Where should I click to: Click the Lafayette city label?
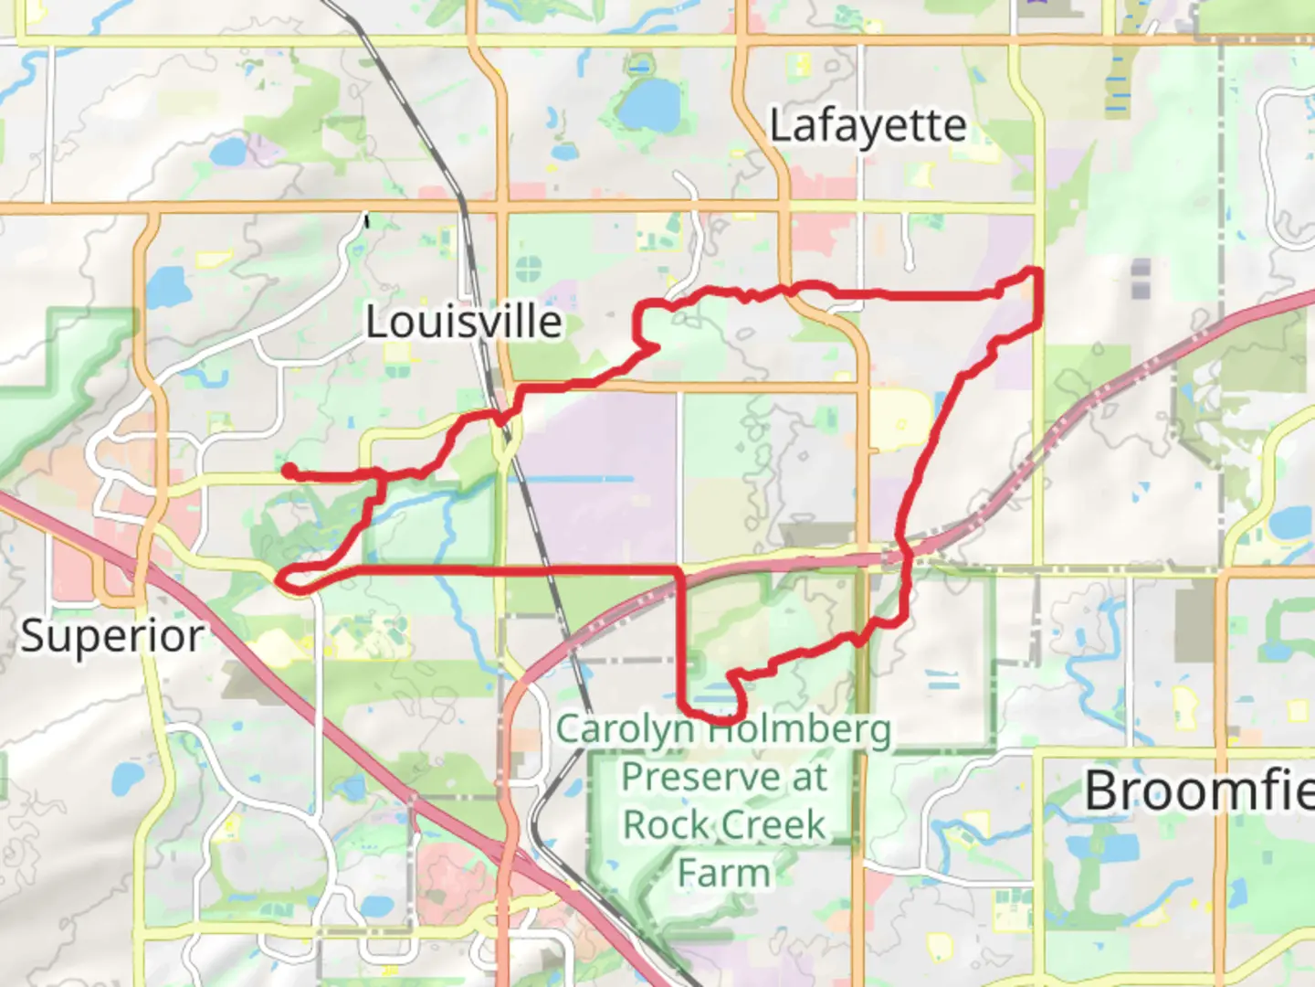868,126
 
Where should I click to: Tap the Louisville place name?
464,322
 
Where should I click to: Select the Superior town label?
112,635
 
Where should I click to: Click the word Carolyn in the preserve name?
626,729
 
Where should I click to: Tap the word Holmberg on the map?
802,730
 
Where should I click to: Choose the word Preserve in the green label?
699,777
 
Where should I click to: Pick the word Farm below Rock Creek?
723,873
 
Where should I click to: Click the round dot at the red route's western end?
288,470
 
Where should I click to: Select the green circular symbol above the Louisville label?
529,270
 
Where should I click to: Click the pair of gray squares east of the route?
1141,279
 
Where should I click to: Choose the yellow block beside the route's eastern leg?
899,420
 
